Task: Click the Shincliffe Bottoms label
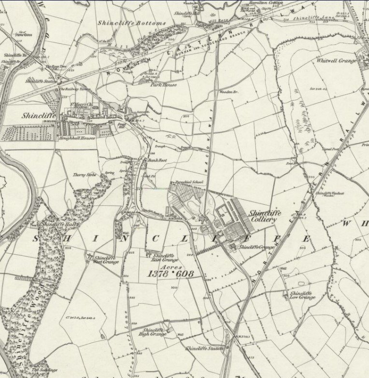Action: click(x=131, y=23)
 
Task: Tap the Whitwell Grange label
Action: click(x=337, y=61)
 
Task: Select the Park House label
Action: click(x=163, y=84)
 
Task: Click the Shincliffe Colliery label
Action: click(x=263, y=216)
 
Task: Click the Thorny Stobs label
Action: click(x=85, y=175)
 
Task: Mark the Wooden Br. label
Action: click(x=226, y=91)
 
